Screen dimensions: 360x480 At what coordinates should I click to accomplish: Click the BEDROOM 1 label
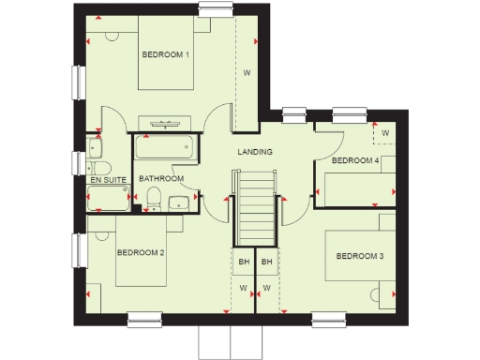(x=166, y=55)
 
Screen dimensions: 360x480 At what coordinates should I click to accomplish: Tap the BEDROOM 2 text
(x=141, y=253)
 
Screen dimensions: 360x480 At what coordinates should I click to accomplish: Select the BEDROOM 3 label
(x=360, y=256)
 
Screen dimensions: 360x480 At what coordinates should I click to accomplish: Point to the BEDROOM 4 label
(x=355, y=161)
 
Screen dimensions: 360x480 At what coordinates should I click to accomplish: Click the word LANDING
(x=254, y=151)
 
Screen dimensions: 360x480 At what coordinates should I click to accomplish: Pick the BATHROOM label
(x=161, y=178)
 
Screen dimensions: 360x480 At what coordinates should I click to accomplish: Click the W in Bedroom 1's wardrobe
(x=247, y=73)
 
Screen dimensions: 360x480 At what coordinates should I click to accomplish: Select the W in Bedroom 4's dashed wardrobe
(x=384, y=134)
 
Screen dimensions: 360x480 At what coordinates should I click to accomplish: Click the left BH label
(x=243, y=262)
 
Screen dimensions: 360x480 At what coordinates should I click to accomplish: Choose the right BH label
(x=267, y=262)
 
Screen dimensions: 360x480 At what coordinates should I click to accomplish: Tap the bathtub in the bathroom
(x=164, y=147)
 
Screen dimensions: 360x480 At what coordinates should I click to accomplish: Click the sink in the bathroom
(x=177, y=202)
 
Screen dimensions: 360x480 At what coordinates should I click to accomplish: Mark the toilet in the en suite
(x=96, y=148)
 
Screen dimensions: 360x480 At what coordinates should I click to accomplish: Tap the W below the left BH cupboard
(x=243, y=287)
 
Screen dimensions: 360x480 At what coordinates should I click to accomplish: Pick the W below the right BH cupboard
(x=267, y=287)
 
